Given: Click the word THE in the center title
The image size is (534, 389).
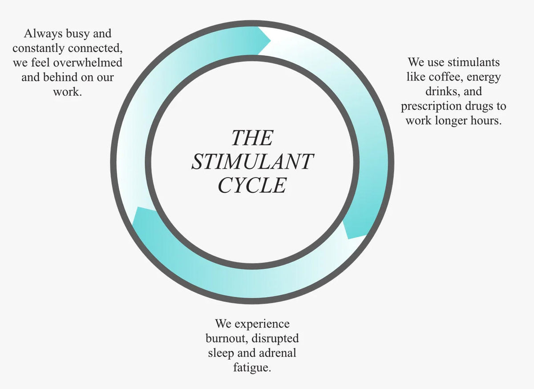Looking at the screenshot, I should (252, 138).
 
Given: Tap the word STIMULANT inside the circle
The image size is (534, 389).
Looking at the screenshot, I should (252, 162).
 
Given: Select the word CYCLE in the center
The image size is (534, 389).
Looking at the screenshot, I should (252, 185).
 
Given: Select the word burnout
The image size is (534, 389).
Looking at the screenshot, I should (226, 338).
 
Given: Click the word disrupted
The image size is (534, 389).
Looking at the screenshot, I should (275, 338).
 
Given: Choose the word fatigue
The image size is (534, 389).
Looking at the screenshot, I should (252, 368).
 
